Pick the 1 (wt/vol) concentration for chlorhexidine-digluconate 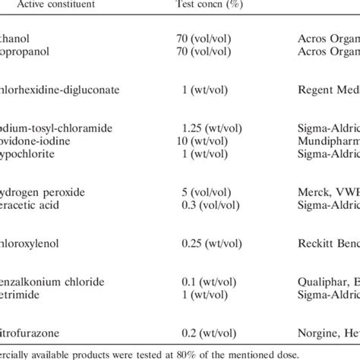click(x=207, y=90)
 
